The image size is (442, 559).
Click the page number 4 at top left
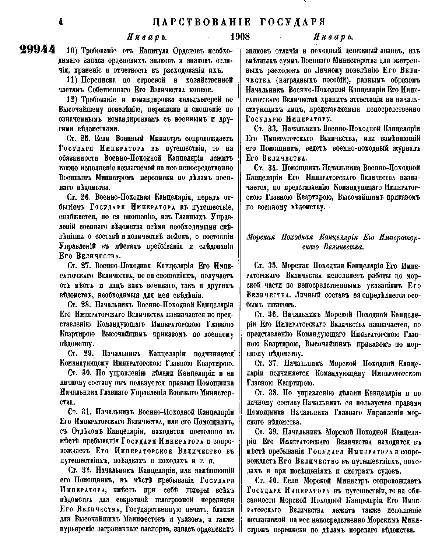coord(61,22)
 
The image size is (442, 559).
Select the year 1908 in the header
coord(240,37)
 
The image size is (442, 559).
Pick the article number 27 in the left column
coord(85,266)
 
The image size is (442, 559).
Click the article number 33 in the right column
coord(272,129)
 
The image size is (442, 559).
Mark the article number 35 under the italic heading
coord(272,266)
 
